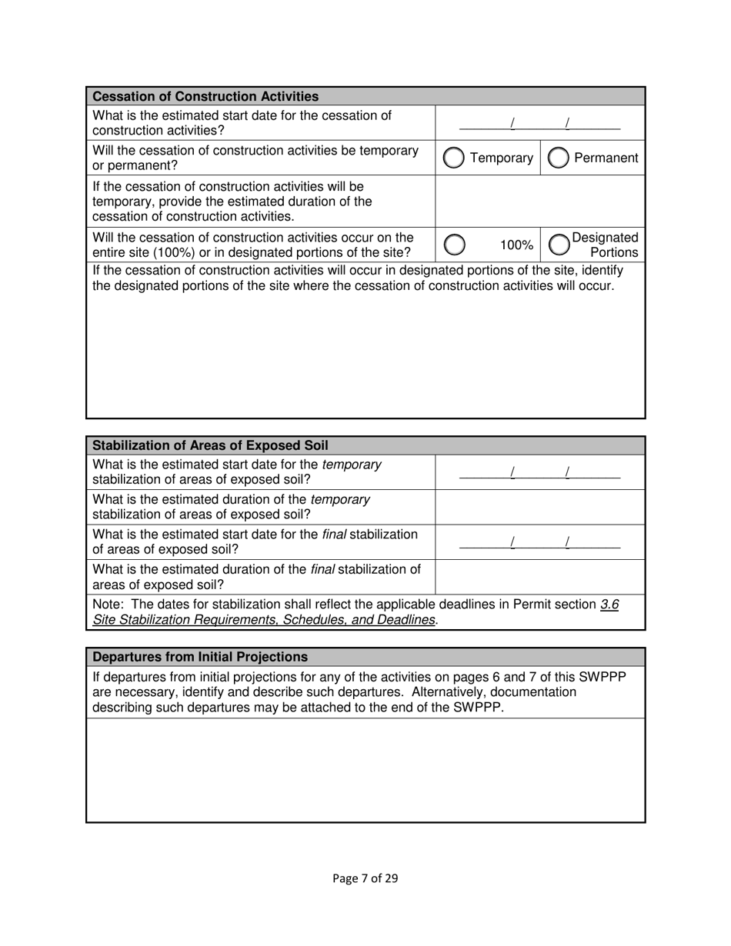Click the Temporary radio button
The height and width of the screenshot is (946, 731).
tap(454, 158)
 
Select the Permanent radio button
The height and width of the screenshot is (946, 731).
tap(558, 158)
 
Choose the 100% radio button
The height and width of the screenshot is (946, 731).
tap(454, 245)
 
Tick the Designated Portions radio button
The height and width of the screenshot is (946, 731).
tap(558, 245)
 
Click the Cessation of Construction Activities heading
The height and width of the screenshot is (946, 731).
tap(205, 96)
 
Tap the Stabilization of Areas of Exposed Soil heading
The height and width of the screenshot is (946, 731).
tap(210, 445)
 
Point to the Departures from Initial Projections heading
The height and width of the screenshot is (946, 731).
tap(200, 657)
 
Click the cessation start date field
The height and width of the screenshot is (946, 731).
tap(539, 123)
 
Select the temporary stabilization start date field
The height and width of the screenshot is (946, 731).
tap(539, 472)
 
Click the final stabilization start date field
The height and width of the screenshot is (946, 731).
tap(539, 542)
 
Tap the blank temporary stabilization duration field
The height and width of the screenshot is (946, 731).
tap(539, 507)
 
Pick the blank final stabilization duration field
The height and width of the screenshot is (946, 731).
tap(539, 577)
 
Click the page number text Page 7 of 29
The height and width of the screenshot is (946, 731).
tap(365, 878)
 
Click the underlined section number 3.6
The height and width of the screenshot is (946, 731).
tap(609, 605)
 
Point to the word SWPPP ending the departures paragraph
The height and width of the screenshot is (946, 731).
tap(479, 708)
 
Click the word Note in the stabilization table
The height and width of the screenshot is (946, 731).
tap(108, 605)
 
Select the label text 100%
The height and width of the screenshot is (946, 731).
tap(516, 245)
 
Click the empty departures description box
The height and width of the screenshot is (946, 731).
tap(365, 770)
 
